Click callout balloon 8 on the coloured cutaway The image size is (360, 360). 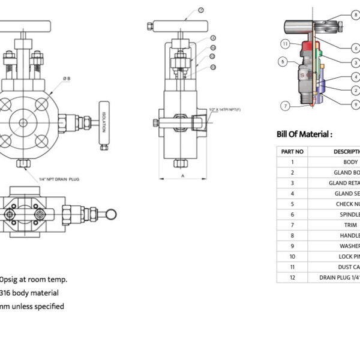pos(355,16)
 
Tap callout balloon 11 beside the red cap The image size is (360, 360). pos(286,44)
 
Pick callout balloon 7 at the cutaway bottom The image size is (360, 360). pos(286,106)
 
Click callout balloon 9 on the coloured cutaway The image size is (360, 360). pos(355,104)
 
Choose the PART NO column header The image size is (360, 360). pos(292,151)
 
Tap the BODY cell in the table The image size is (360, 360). pos(350,162)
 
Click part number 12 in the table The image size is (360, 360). pos(292,277)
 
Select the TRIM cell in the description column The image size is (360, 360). pos(350,225)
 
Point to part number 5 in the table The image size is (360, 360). pos(292,204)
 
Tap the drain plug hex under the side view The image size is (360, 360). pos(179,163)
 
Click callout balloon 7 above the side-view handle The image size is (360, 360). pos(200,10)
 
